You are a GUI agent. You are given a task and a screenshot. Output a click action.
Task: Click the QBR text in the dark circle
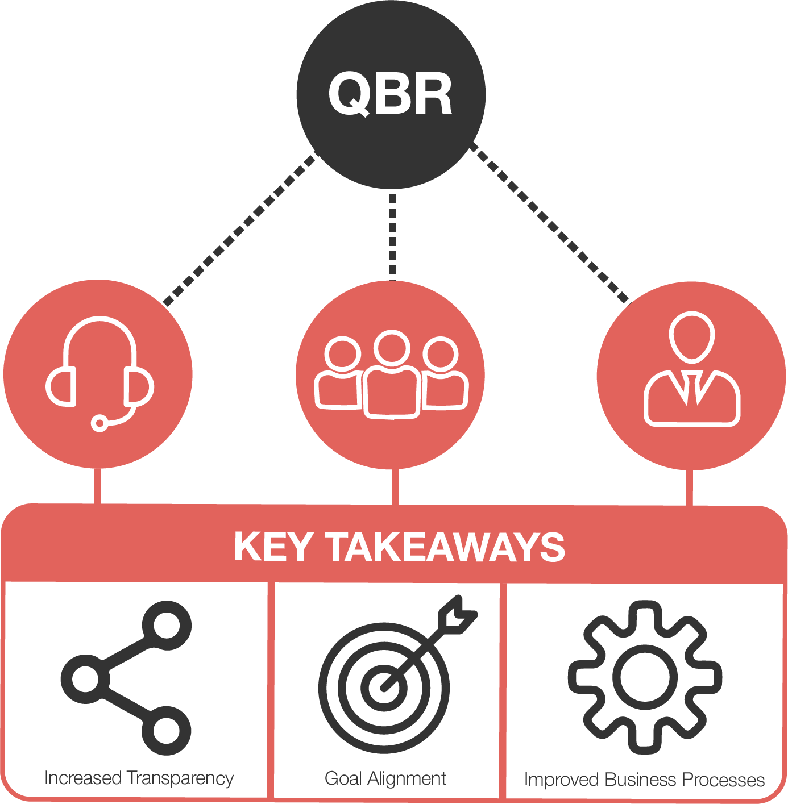point(390,94)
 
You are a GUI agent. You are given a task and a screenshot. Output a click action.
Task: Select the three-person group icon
point(392,374)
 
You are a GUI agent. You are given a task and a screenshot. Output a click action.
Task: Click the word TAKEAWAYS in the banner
point(446,547)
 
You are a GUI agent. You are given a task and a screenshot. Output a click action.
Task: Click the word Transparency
point(180,778)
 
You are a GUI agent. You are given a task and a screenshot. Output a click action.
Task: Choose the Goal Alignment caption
point(385,778)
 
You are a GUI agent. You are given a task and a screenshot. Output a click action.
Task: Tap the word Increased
point(83,778)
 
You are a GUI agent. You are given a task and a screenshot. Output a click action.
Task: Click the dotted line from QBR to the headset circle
point(239,229)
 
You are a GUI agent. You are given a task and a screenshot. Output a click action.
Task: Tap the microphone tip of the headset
point(100,423)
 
